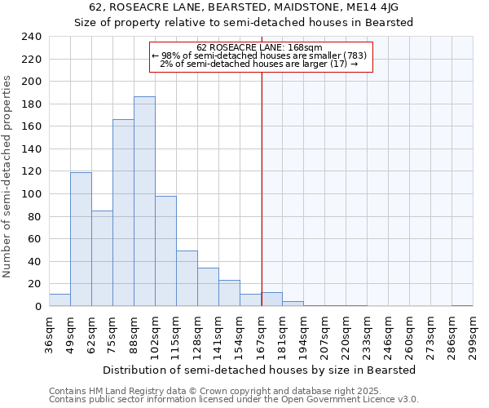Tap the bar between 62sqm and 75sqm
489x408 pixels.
[102, 258]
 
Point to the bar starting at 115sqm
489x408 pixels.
[187, 278]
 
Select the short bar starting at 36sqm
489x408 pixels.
[59, 300]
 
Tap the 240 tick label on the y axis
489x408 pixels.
[31, 37]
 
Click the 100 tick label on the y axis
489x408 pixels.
[31, 194]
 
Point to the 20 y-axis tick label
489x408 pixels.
[34, 284]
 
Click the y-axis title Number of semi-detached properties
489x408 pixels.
[8, 176]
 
